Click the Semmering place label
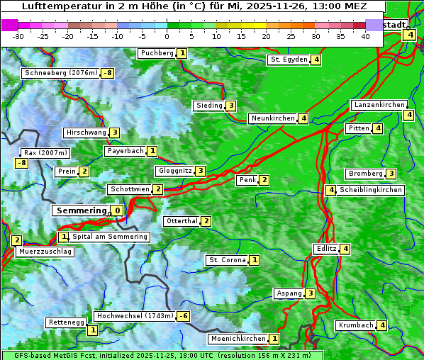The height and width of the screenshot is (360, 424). [x=80, y=210]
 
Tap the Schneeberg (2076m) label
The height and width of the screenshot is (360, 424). [x=60, y=73]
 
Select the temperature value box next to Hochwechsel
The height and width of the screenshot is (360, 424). [x=183, y=316]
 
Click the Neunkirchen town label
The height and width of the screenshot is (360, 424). [x=272, y=118]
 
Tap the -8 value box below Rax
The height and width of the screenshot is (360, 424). [x=22, y=163]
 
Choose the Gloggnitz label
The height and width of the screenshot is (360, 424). [x=174, y=171]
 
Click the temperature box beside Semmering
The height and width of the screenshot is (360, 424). [x=116, y=210]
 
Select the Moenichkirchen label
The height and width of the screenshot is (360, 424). [x=238, y=339]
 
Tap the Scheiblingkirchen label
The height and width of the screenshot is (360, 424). [x=370, y=190]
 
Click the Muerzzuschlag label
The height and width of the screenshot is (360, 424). [x=45, y=252]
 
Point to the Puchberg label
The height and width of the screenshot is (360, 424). [x=157, y=53]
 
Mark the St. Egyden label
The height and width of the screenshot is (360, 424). [x=289, y=60]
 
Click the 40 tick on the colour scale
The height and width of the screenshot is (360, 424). [x=365, y=36]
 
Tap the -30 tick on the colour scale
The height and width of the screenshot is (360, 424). [x=18, y=36]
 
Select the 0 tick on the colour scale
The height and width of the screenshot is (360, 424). [x=167, y=36]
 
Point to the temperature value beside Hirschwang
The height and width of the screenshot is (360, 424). [x=114, y=133]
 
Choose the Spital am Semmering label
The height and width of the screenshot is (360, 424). [x=110, y=237]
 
